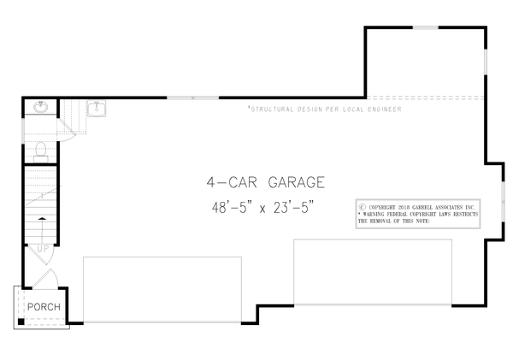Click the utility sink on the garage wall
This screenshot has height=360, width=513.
tap(97, 109)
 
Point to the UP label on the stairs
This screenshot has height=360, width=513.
tap(43, 249)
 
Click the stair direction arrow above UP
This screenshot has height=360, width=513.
tap(42, 229)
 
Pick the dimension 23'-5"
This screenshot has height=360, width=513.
tap(302, 206)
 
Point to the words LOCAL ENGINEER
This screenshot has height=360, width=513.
tap(370, 110)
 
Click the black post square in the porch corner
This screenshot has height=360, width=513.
tap(21, 322)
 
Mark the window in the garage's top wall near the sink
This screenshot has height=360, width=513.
tap(192, 98)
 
